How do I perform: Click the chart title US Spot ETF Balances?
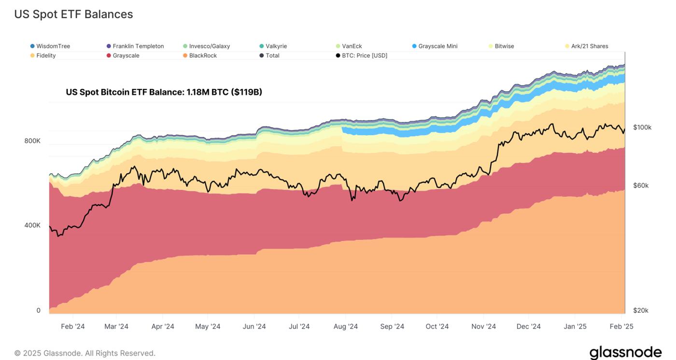pos(73,14)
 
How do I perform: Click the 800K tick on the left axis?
pos(32,141)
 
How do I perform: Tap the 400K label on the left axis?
pos(32,225)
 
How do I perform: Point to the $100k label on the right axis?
pos(642,127)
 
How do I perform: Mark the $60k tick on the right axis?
pos(640,185)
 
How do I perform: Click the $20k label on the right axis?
pos(640,310)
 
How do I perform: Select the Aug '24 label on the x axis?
pos(346,327)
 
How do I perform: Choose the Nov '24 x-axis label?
pos(484,327)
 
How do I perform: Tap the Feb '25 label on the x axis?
pos(621,327)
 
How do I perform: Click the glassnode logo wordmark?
pos(625,353)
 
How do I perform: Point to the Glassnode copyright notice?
pos(85,353)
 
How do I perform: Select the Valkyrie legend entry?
pos(276,46)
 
